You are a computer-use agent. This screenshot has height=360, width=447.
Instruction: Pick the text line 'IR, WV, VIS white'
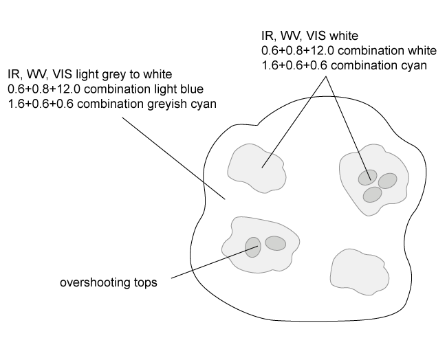pos(309,36)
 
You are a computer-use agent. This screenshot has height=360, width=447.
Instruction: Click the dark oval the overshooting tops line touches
pos(253,247)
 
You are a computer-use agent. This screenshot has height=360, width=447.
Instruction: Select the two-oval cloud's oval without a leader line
pos(275,243)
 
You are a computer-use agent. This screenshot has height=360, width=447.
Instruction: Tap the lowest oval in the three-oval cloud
pos(372,195)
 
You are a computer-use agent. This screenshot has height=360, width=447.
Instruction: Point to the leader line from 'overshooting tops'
pos(206,264)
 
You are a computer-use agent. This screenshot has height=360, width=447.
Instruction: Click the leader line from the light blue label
pos(172,155)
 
